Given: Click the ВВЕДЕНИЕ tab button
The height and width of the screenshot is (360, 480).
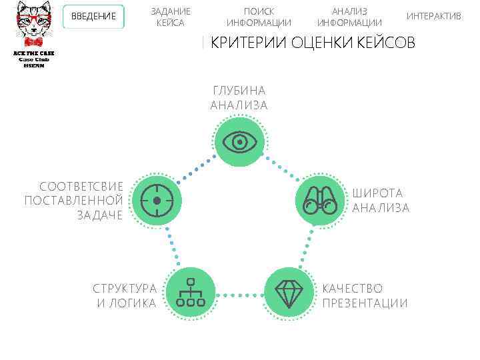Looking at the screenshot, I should [93, 17].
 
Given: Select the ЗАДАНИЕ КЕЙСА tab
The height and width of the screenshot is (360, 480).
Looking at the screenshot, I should [171, 17].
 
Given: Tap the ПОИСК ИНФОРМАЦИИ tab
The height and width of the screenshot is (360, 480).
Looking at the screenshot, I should [259, 17].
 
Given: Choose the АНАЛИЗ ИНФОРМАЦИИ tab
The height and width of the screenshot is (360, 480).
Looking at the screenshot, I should [349, 17].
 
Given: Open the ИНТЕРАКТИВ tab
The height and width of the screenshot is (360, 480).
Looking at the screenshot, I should [433, 16].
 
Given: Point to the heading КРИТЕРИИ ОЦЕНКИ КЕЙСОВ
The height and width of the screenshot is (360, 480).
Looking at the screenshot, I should [312, 43].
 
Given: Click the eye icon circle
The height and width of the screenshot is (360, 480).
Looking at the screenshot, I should [239, 141].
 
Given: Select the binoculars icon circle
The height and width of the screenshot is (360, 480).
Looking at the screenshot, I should [321, 200].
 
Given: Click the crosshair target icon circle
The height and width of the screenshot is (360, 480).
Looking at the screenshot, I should [157, 200].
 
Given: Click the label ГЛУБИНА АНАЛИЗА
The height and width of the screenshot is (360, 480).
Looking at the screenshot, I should [239, 98].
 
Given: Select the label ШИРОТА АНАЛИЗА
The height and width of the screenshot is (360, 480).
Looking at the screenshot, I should [380, 201].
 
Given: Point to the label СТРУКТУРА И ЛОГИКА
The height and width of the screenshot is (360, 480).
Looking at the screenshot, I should [125, 296].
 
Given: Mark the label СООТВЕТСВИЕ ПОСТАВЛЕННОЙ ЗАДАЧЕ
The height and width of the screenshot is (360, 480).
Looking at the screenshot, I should [74, 200].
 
